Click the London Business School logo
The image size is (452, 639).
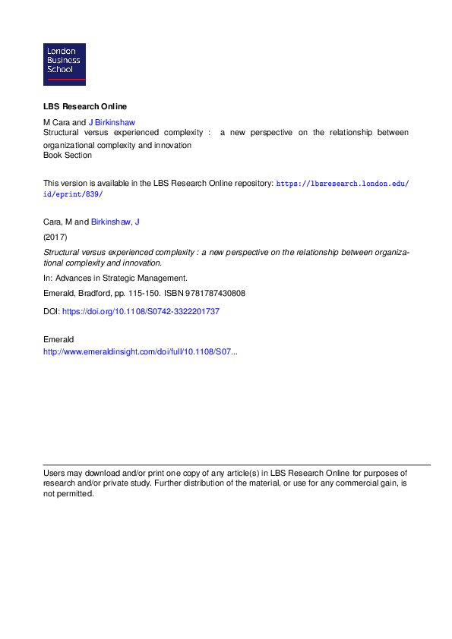click(65, 65)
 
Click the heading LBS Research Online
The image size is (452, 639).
click(84, 106)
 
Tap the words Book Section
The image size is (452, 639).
click(68, 156)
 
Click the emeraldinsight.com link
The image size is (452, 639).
click(141, 352)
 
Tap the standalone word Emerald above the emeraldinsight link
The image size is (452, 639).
click(58, 338)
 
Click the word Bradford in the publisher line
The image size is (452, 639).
click(95, 293)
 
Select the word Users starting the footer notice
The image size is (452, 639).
click(54, 472)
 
